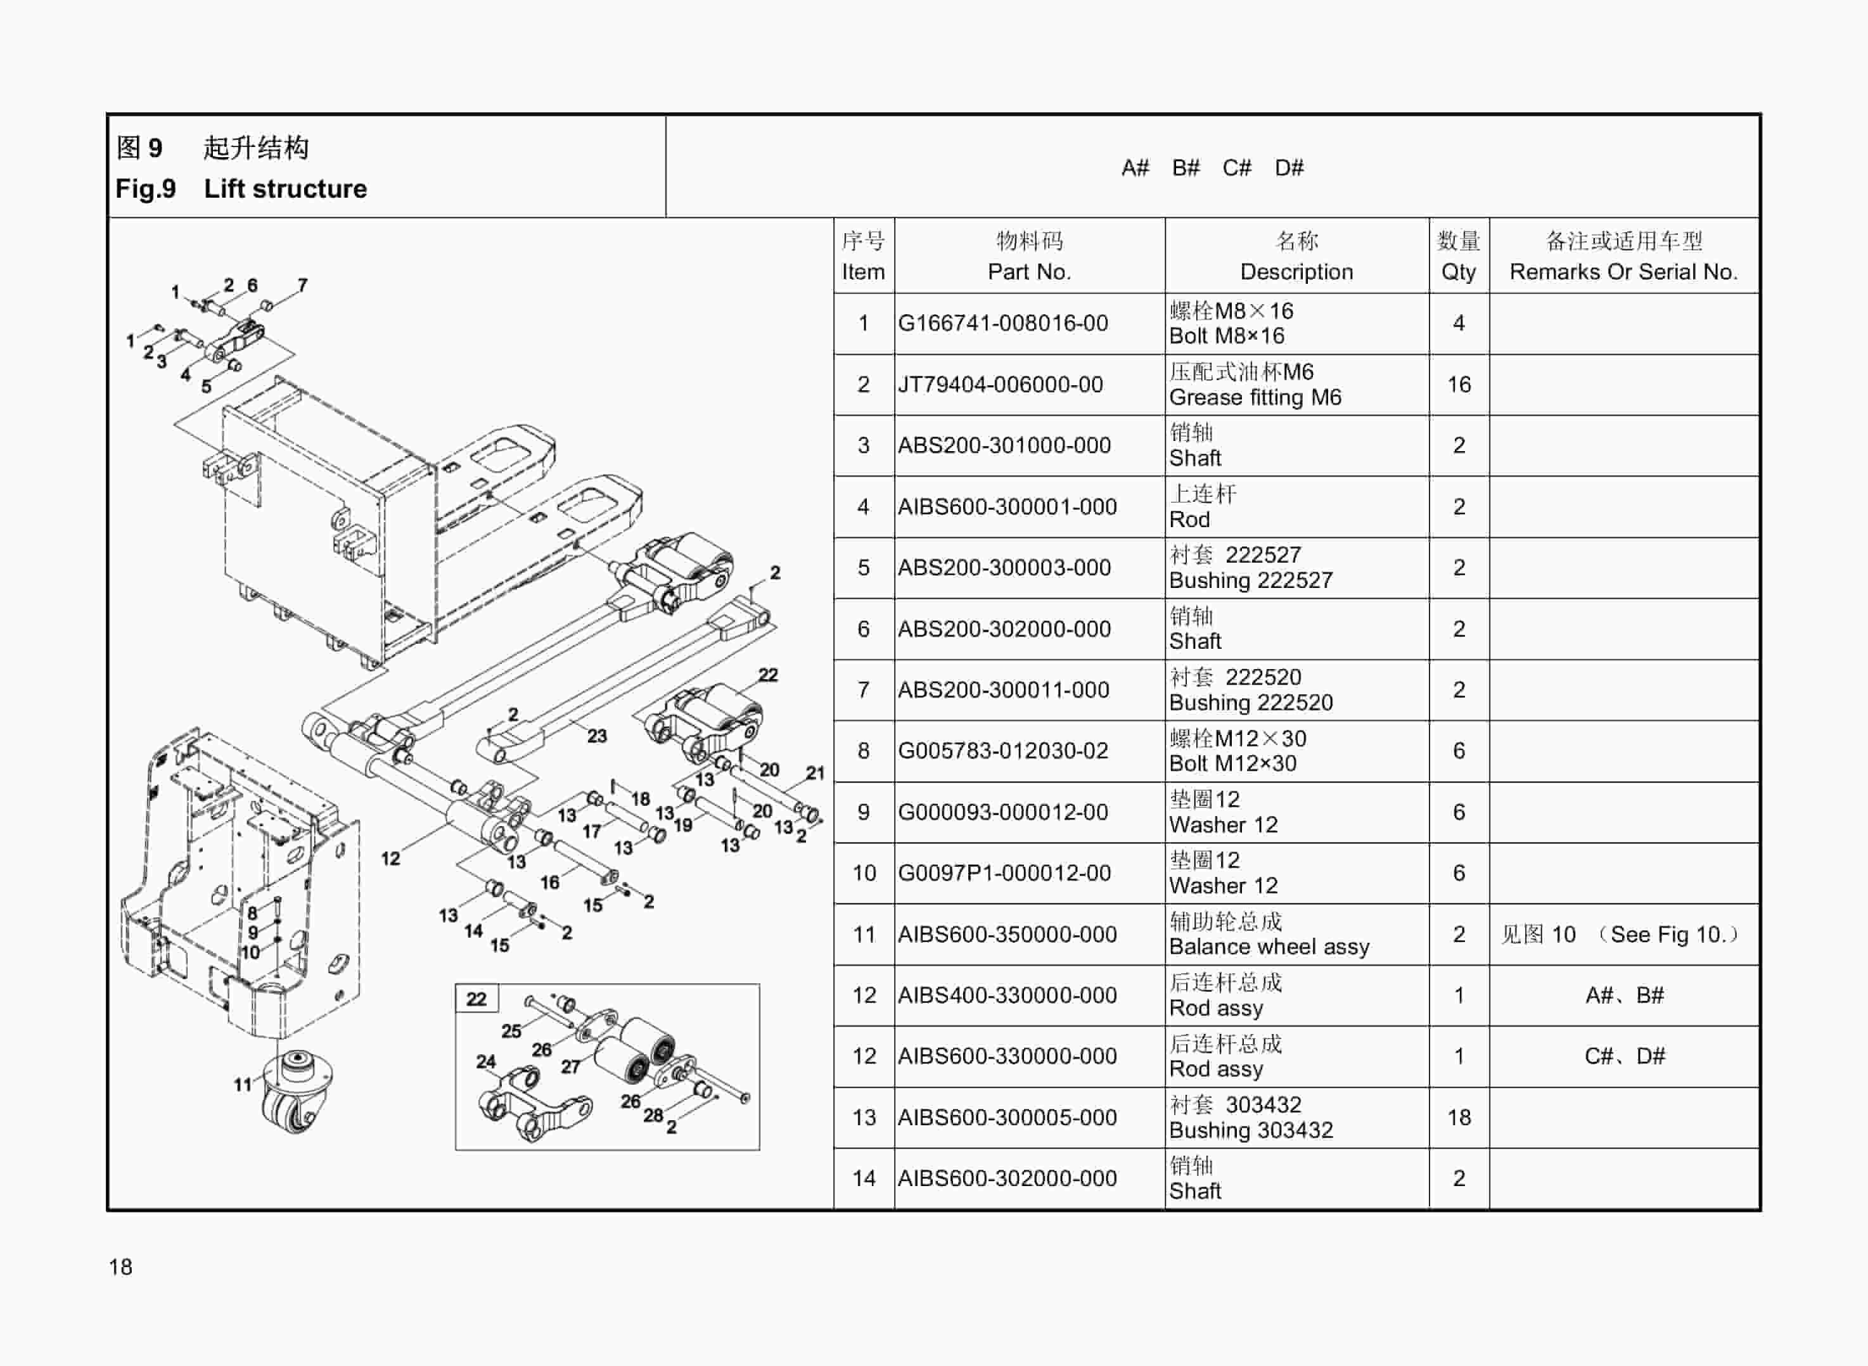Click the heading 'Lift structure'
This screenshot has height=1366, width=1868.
click(x=285, y=189)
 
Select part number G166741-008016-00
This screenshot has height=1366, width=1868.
click(x=1002, y=323)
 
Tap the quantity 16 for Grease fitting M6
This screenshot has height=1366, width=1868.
click(x=1458, y=385)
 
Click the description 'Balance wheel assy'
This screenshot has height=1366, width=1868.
click(x=1269, y=947)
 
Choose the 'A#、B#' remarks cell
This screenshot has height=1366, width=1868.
click(x=1623, y=995)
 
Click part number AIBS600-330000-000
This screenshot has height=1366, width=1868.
click(x=1006, y=1057)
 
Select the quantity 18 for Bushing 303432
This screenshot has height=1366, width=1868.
click(x=1458, y=1118)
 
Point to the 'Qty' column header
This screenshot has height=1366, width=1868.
click(x=1458, y=272)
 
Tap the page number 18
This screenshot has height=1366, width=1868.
click(x=121, y=1267)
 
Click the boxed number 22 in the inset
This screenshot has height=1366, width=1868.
click(x=477, y=999)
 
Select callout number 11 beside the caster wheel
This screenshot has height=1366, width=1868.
click(x=241, y=1085)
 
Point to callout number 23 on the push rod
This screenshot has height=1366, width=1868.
click(x=597, y=736)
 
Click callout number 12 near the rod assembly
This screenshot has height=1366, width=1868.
click(x=390, y=859)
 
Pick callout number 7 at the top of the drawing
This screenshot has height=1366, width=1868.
click(x=303, y=285)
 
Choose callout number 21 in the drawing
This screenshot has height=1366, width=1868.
click(x=816, y=773)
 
